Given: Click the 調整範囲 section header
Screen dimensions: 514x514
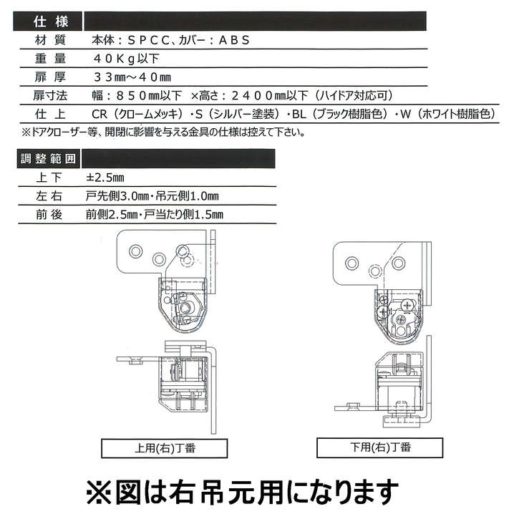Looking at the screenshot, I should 45,158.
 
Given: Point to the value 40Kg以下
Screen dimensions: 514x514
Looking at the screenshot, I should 126,58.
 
